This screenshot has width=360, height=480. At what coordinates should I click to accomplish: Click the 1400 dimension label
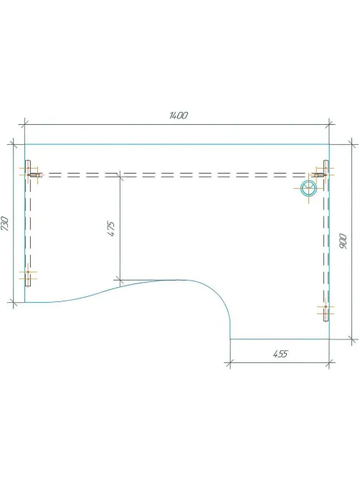coord(179,116)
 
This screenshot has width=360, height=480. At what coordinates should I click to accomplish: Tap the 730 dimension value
coord(5,223)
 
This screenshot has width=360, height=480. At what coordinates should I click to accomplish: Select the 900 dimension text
coord(344,241)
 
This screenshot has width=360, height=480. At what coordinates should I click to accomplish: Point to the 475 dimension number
coord(111,228)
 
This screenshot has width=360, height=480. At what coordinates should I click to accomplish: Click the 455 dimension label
coord(280,354)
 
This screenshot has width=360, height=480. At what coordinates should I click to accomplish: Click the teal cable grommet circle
coord(308,188)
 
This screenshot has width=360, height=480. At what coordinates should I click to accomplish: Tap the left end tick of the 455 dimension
coord(230,363)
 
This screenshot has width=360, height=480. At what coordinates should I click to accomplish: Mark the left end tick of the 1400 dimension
coord(24,125)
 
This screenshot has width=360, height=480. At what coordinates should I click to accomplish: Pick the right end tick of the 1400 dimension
coord(329,125)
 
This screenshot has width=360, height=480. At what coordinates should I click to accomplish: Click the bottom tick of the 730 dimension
coord(13,302)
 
